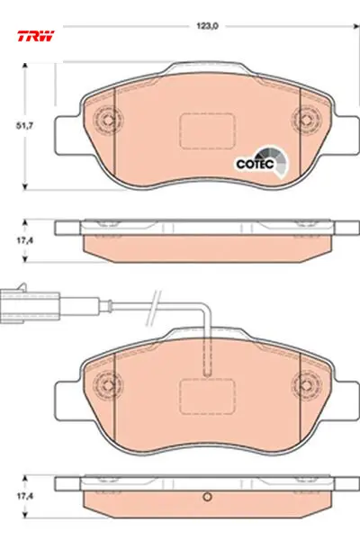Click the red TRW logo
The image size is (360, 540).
click(36, 36)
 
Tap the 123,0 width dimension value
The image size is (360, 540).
click(207, 26)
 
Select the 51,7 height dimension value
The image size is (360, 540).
click(24, 126)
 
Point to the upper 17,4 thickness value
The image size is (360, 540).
click(25, 240)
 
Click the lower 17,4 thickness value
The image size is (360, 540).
click(25, 496)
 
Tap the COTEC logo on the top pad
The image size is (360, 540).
click(262, 163)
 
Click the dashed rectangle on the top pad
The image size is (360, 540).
click(208, 131)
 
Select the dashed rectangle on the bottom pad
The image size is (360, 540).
click(208, 396)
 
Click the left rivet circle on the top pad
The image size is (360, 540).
click(109, 120)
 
